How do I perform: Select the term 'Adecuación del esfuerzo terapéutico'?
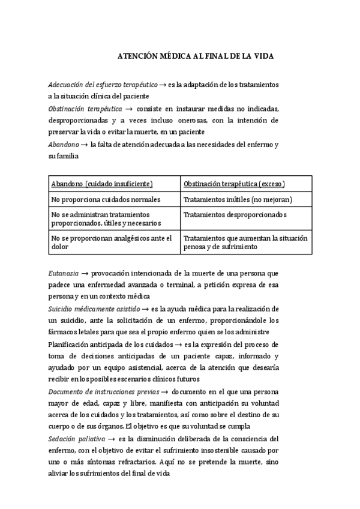point(103,85)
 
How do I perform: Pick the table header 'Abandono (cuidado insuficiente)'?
point(102,183)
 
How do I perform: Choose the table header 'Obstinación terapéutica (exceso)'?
point(235,183)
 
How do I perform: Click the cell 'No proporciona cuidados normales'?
point(101,199)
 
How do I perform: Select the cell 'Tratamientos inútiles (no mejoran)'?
point(238,199)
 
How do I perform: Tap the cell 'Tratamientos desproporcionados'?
point(235,214)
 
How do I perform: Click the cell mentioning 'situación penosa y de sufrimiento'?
point(245,242)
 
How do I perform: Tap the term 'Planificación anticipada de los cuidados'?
point(110,344)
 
